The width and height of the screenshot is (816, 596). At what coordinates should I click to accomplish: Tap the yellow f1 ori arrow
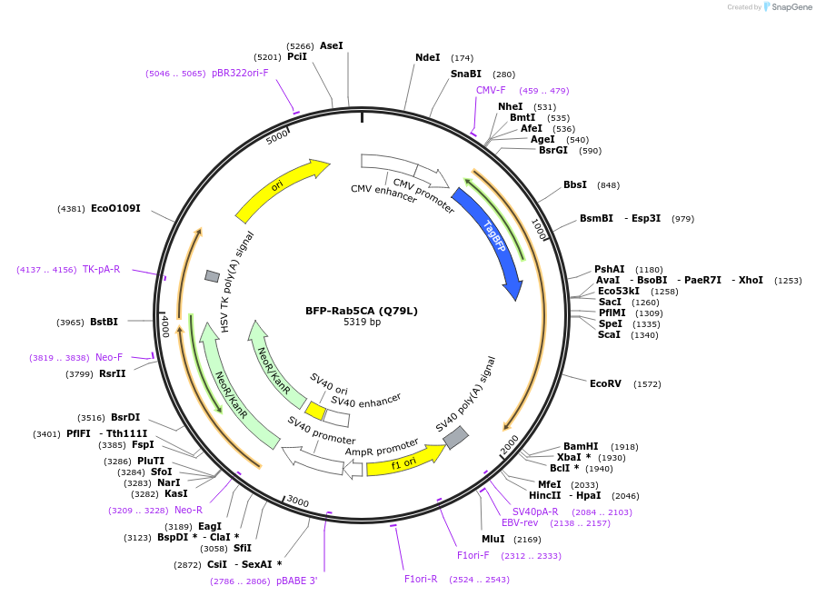pos(404,462)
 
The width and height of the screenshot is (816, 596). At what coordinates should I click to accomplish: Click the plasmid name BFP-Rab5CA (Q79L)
pos(362,311)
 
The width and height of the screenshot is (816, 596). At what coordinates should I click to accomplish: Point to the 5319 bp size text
pos(362,323)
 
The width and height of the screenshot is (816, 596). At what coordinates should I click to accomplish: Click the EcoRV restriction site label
pos(605,383)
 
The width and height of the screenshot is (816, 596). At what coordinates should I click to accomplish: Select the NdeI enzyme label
pos(427,57)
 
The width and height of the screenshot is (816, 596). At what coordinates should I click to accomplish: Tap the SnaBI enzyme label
pos(466,74)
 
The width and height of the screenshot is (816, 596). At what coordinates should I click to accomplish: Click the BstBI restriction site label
pos(102,322)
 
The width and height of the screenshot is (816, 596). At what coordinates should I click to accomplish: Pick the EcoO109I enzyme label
pos(115,208)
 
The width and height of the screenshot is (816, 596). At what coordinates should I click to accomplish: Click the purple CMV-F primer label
pos(491,90)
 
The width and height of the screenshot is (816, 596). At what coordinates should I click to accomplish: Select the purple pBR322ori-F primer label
pos(240,73)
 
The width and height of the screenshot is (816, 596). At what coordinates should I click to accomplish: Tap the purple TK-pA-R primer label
pos(101,269)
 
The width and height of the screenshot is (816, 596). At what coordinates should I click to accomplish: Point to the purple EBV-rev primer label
pos(520,522)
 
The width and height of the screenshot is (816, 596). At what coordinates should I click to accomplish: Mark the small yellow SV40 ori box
pos(315,411)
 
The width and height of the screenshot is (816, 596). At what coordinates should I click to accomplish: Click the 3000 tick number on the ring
pos(298,502)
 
